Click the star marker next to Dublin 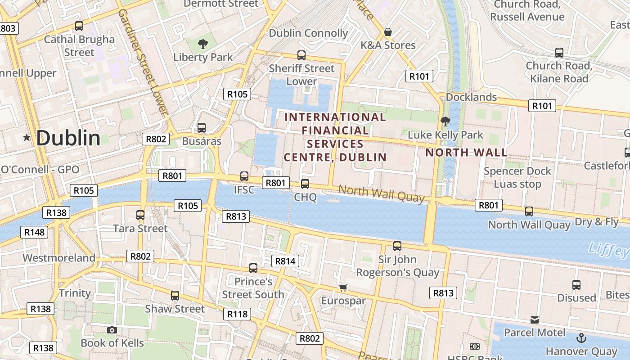pyautogui.click(x=27, y=138)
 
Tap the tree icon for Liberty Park pyautogui.click(x=203, y=44)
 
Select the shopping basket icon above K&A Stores pyautogui.click(x=387, y=32)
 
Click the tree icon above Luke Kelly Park pyautogui.click(x=445, y=121)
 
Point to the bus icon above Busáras pyautogui.click(x=202, y=127)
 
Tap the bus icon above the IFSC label pyautogui.click(x=244, y=176)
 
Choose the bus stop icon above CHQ pyautogui.click(x=305, y=184)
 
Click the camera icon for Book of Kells pyautogui.click(x=112, y=330)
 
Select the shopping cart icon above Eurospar pyautogui.click(x=343, y=287)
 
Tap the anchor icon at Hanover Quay pyautogui.click(x=581, y=337)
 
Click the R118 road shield pyautogui.click(x=238, y=314)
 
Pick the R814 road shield pyautogui.click(x=285, y=261)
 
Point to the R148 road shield pyautogui.click(x=34, y=232)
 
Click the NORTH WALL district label pyautogui.click(x=466, y=153)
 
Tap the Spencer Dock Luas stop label pyautogui.click(x=517, y=177)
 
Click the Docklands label pyautogui.click(x=471, y=97)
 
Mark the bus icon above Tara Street pyautogui.click(x=140, y=215)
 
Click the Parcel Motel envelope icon pyautogui.click(x=535, y=320)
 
